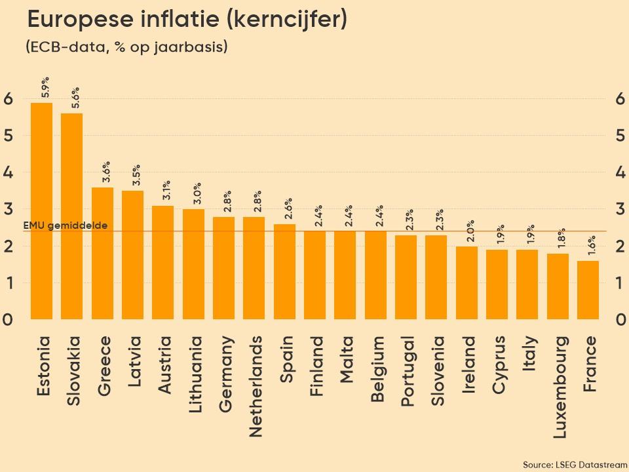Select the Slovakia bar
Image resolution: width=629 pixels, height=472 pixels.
71,216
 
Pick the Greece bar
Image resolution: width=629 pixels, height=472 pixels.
102,253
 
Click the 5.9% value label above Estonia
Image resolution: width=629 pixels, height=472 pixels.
45,87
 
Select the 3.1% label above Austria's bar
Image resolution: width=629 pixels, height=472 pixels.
166,190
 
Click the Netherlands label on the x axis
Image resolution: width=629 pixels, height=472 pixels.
256,386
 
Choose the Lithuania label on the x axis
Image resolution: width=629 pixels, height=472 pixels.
195,374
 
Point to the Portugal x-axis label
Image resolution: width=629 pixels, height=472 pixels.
407,371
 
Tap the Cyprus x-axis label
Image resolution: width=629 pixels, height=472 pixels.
498,364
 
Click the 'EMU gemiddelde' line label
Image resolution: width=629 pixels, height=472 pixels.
65,226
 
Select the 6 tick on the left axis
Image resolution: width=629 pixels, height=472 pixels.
8,99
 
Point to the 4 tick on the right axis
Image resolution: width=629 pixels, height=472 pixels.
620,172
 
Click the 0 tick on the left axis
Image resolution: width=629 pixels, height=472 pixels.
8,319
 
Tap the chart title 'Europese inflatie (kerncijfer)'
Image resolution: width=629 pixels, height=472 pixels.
187,20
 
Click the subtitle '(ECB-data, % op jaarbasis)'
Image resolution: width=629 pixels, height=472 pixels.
126,47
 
